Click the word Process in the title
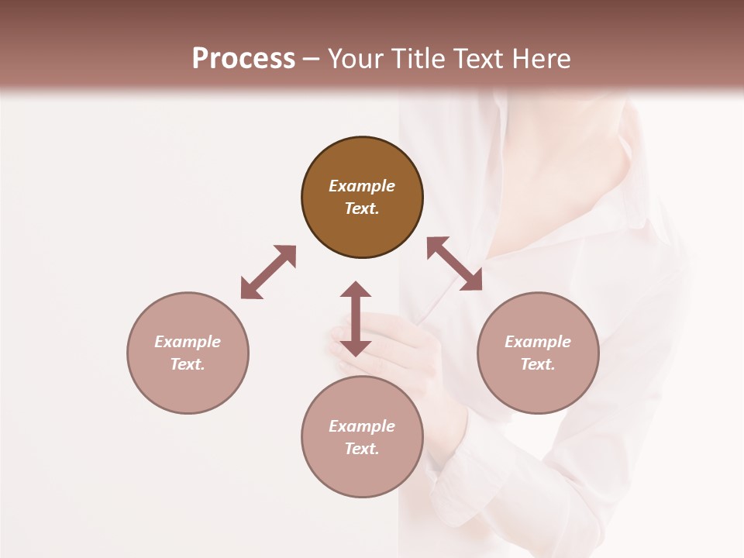(x=243, y=59)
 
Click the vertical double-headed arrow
(x=356, y=319)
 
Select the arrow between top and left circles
(x=268, y=272)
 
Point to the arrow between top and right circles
(x=454, y=263)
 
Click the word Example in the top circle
(x=362, y=186)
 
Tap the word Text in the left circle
(x=188, y=364)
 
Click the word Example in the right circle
(x=538, y=342)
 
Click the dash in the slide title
(x=312, y=59)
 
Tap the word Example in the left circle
(x=188, y=342)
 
